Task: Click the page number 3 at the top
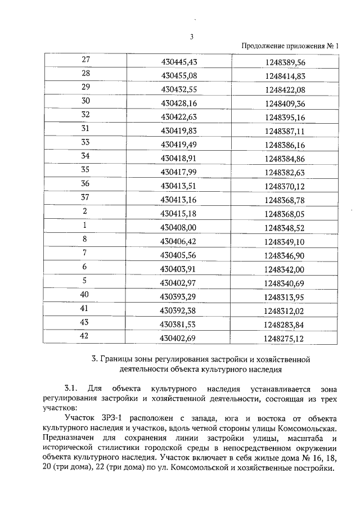click(x=191, y=38)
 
